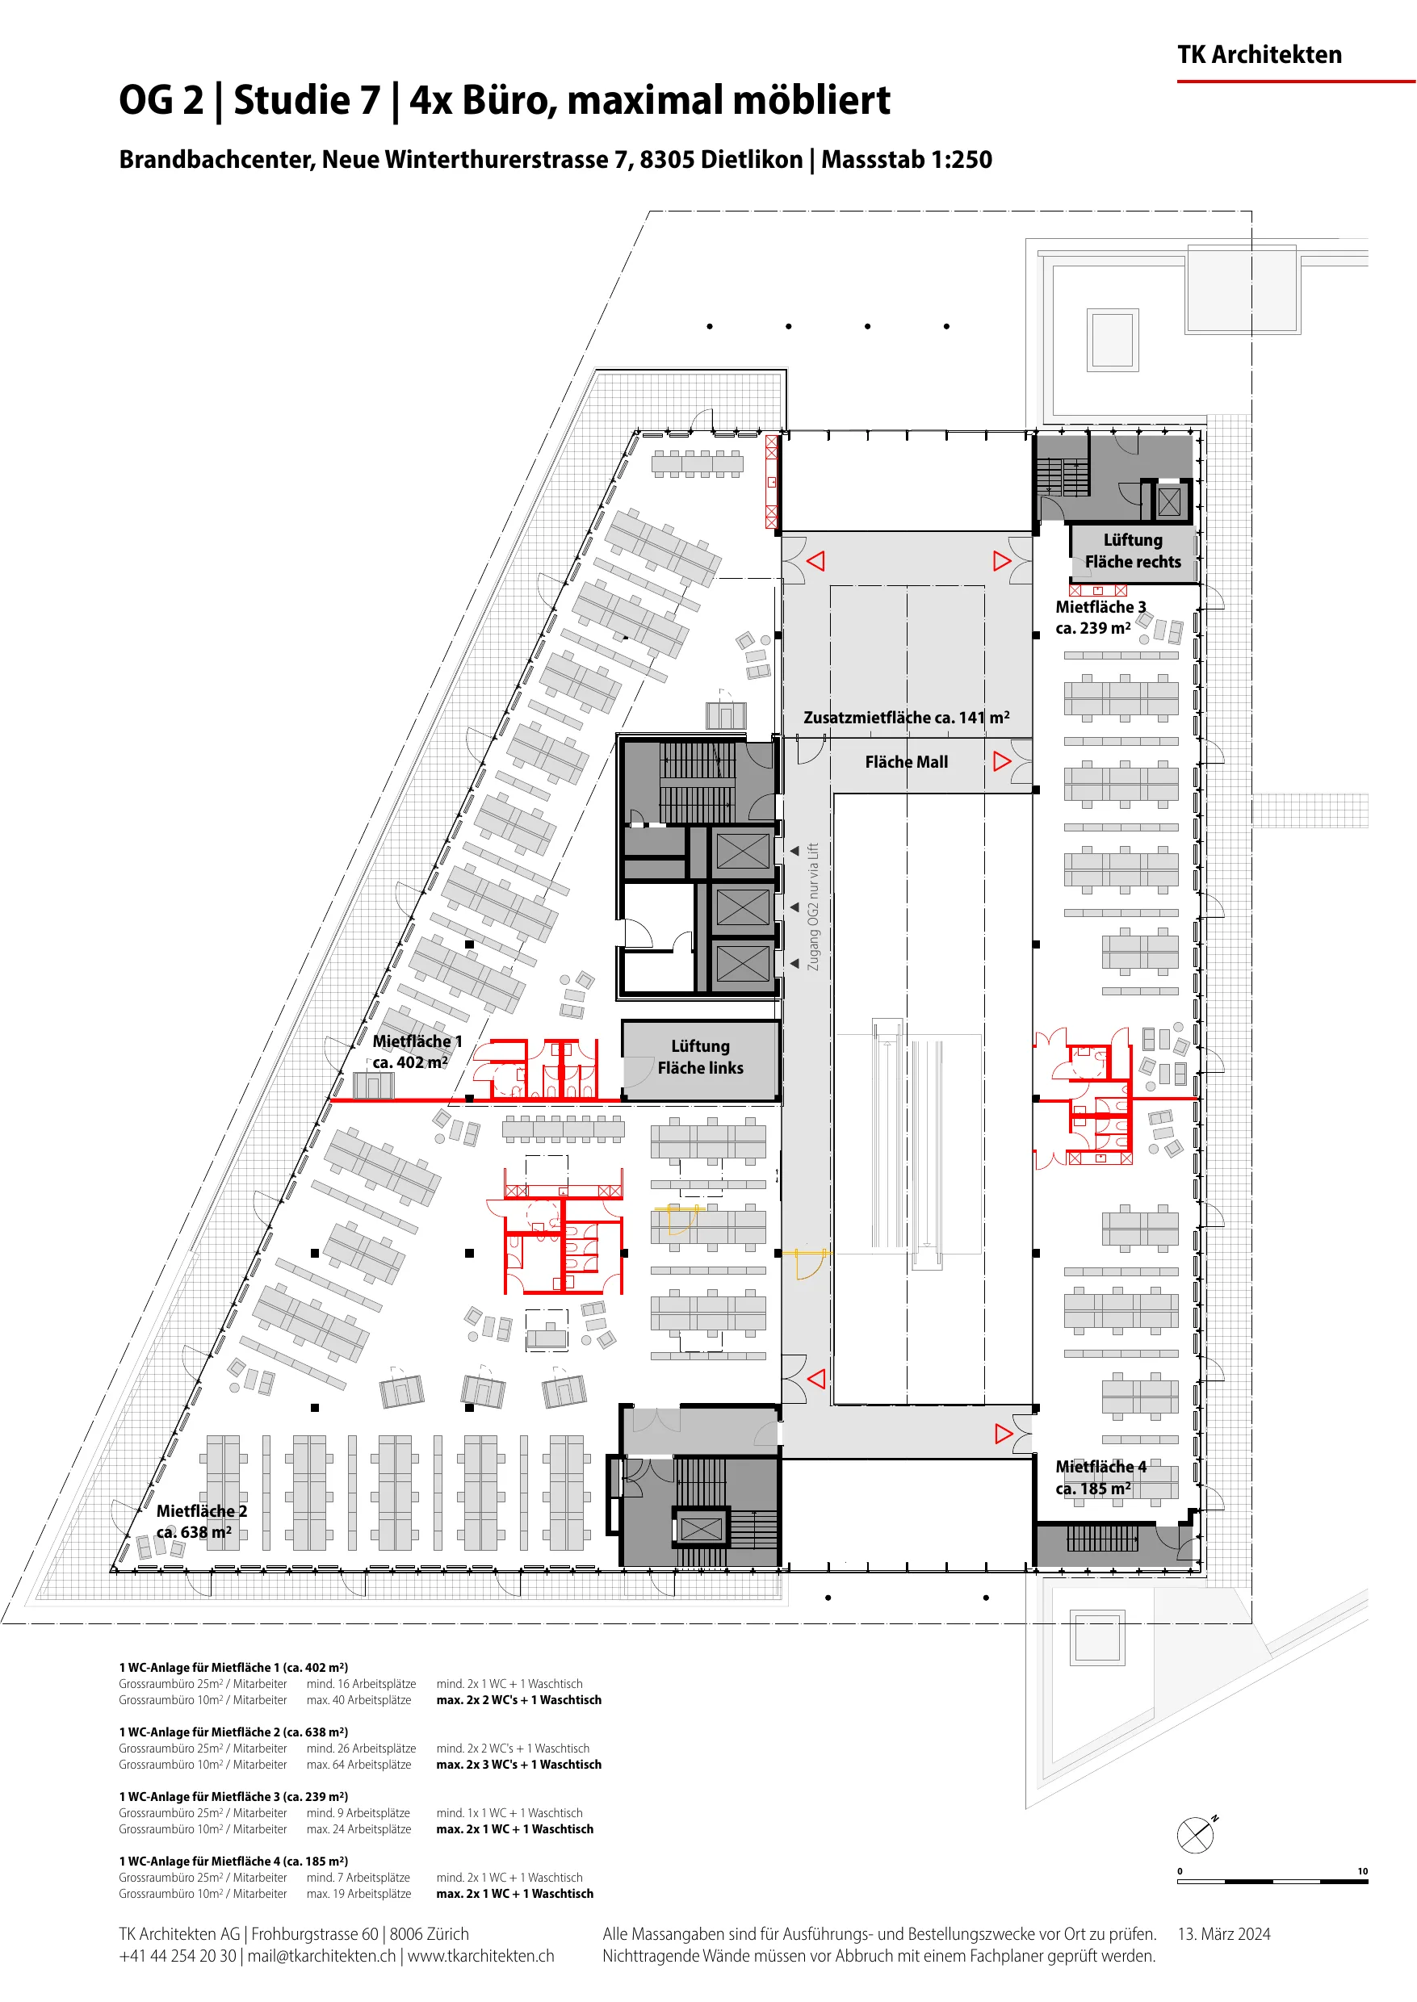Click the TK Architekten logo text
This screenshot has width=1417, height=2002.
click(1259, 54)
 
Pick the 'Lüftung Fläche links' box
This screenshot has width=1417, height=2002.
click(701, 1058)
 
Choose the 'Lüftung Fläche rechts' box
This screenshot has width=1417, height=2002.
click(1133, 551)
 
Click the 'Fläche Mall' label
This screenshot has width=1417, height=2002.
click(907, 761)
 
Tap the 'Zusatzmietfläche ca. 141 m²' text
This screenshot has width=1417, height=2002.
click(907, 717)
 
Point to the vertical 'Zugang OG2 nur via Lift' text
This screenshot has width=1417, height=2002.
click(813, 907)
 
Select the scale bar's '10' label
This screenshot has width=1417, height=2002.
click(1362, 1871)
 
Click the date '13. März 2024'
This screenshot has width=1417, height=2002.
click(1224, 1934)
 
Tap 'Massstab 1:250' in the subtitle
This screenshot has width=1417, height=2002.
click(907, 160)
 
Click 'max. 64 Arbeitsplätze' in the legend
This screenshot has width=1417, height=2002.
click(358, 1765)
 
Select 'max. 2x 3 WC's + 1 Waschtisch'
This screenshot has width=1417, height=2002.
click(519, 1765)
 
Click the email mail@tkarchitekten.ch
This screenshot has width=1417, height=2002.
click(321, 1956)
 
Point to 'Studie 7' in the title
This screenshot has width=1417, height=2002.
click(307, 100)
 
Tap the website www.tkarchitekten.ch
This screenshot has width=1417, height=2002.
click(480, 1956)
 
